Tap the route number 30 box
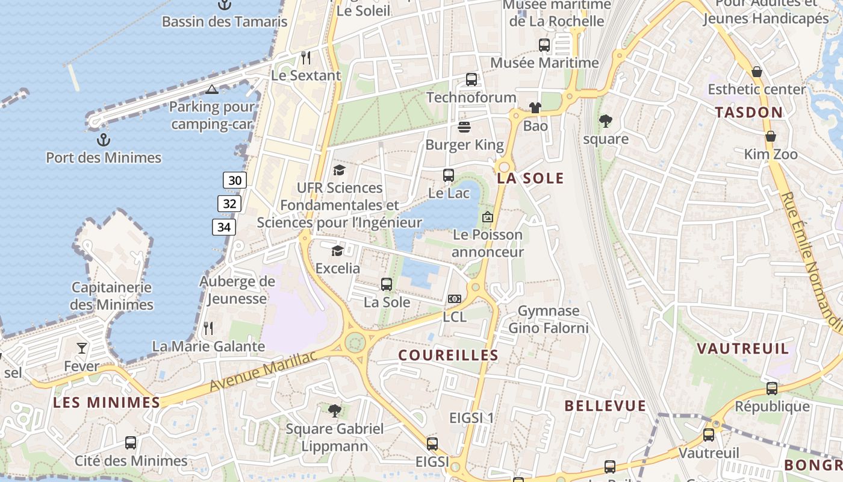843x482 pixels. pos(235,180)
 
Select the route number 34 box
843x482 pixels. pos(223,227)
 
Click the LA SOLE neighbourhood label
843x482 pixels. pos(530,178)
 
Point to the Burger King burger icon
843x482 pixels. pos(464,127)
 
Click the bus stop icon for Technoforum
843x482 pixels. pos(471,80)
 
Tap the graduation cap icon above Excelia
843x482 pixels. pos(337,251)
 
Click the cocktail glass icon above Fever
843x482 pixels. pos(82,348)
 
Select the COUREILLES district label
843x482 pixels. pos(449,355)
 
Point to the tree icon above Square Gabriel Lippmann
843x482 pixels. pos(334,411)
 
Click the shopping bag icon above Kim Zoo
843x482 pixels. pos(770,136)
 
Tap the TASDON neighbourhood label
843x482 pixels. pos(749,113)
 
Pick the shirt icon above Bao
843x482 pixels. pos(535,108)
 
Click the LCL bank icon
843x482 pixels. pos(455,299)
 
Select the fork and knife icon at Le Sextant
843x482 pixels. pos(306,58)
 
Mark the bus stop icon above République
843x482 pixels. pos(772,389)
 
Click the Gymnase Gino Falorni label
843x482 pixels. pos(549,319)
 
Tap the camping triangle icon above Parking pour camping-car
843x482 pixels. pos(211,90)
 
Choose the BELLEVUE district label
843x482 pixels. pos(605,406)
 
